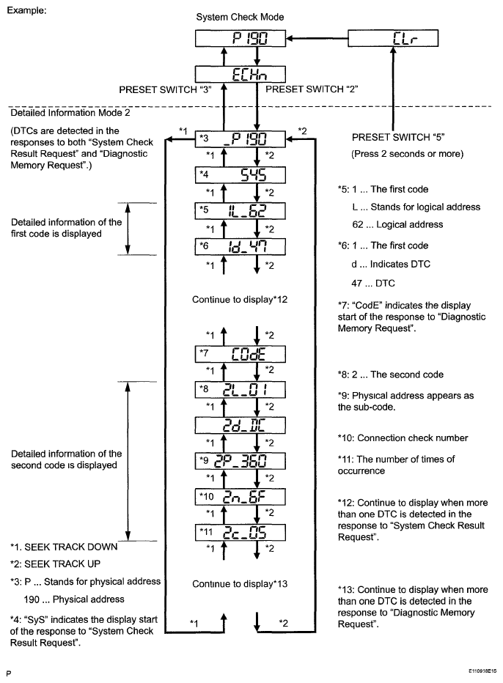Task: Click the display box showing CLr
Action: (x=394, y=40)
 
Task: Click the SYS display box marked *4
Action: (x=241, y=176)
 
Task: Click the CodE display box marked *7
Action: (x=241, y=355)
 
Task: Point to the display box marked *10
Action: (x=241, y=496)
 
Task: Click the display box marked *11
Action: (x=241, y=531)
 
